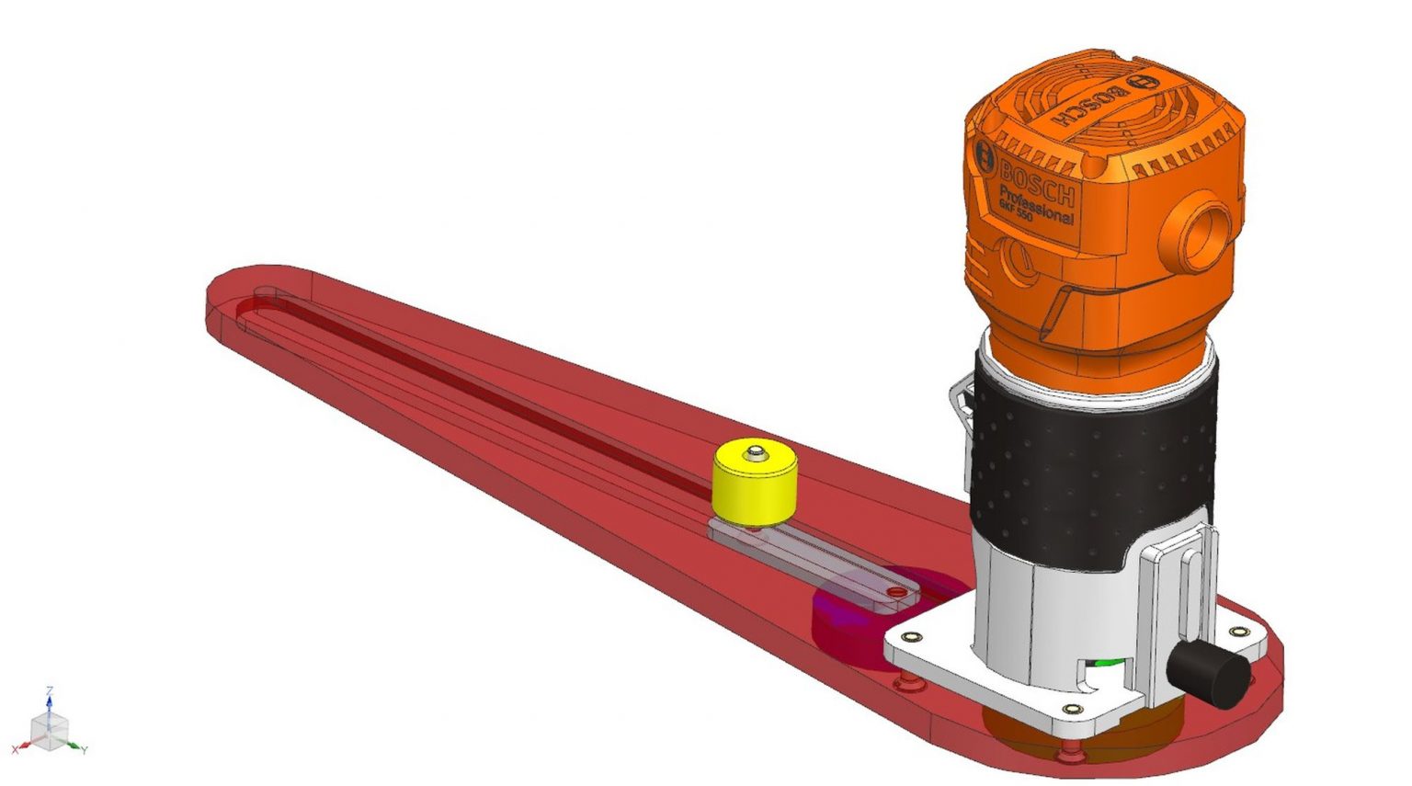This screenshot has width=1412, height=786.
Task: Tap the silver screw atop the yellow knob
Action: [756, 451]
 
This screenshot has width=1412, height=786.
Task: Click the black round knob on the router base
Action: [1209, 672]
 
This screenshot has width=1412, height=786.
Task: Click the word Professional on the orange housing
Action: [1035, 204]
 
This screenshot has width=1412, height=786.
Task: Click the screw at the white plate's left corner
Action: [912, 636]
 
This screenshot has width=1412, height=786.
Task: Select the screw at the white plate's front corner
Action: [1071, 709]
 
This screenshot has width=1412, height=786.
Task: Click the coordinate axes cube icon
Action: [49, 725]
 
